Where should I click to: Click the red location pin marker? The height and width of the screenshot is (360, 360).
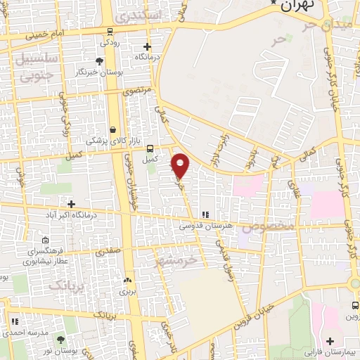pyautogui.click(x=181, y=167)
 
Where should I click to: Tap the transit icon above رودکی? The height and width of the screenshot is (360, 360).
pyautogui.click(x=110, y=31)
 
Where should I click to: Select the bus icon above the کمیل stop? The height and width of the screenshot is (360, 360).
pyautogui.click(x=150, y=148)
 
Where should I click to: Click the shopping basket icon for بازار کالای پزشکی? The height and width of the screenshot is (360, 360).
pyautogui.click(x=112, y=129)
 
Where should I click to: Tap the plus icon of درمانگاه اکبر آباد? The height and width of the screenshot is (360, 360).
pyautogui.click(x=71, y=204)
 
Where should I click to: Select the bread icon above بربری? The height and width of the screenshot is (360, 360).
pyautogui.click(x=127, y=278)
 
